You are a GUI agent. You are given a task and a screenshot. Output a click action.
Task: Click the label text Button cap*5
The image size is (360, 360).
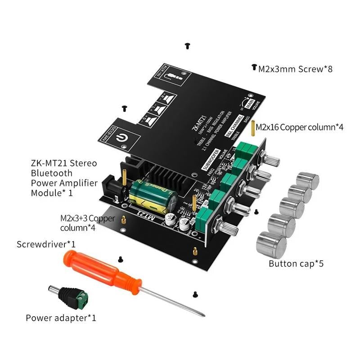pos(296,264)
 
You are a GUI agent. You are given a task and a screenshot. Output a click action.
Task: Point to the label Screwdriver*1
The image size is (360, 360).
pos(46,245)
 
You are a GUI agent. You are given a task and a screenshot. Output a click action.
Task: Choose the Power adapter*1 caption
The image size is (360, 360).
pos(61,318)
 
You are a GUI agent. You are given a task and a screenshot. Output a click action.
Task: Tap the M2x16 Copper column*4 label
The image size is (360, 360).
pos(300,127)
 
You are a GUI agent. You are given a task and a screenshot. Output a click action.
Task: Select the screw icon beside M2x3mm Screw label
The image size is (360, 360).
pos(254,67)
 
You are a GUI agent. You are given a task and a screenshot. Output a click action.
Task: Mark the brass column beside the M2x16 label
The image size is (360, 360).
pos(253,128)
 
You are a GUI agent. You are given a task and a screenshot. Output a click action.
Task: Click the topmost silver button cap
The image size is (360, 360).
pos(309,180)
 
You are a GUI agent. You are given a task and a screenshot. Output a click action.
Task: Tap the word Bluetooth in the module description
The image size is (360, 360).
pos(52,172)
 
